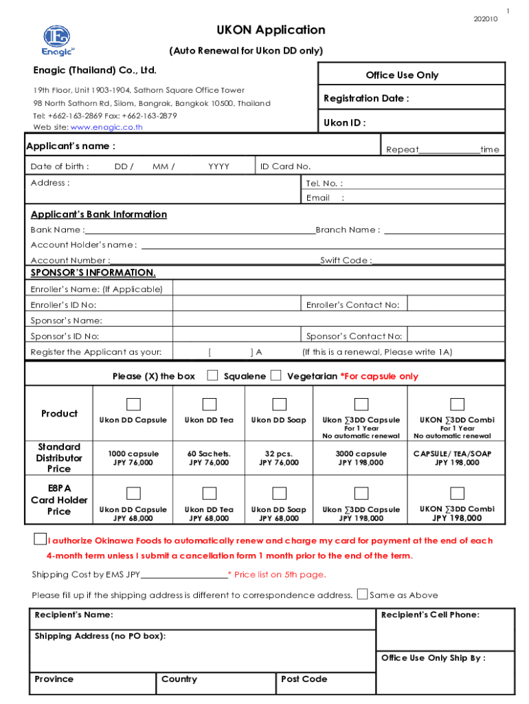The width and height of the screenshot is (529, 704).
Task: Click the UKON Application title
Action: [x=271, y=30]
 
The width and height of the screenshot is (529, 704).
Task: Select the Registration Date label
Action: [x=366, y=98]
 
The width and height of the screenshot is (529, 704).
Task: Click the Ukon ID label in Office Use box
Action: [x=344, y=123]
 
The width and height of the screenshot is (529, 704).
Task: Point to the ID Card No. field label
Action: [x=285, y=166]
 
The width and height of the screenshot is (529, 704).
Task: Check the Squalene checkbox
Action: [x=213, y=375]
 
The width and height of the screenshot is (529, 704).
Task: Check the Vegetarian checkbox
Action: [x=275, y=375]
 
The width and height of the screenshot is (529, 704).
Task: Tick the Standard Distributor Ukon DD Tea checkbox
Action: [x=209, y=404]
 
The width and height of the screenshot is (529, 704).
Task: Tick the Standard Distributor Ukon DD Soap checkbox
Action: [x=279, y=404]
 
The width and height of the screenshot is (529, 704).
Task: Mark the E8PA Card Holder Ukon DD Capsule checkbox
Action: [x=133, y=493]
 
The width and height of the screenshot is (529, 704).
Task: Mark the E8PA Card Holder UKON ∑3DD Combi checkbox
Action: [x=457, y=493]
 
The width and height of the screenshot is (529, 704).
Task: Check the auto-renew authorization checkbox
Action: [x=41, y=540]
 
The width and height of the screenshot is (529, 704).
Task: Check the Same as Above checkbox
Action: [x=362, y=594]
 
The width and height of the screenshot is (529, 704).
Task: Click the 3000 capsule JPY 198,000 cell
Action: [x=361, y=458]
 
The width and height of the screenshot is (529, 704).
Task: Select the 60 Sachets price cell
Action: [x=208, y=458]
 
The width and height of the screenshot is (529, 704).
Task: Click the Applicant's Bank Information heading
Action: [x=98, y=214]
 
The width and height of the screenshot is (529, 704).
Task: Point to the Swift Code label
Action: [x=346, y=261]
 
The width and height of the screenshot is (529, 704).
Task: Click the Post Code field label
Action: [x=304, y=679]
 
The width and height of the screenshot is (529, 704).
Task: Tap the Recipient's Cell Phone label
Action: [x=430, y=615]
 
